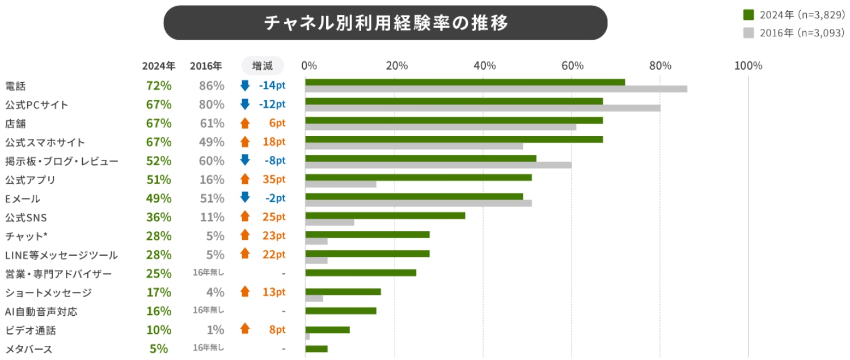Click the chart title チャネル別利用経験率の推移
385,23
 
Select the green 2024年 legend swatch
748,14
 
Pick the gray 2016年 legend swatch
748,33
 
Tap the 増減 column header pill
262,66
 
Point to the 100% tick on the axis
748,66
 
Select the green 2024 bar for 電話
464,82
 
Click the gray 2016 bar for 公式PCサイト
483,108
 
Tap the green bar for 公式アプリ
418,177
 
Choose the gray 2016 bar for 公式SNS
329,222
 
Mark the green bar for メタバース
316,348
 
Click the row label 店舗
15,124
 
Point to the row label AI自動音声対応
41,311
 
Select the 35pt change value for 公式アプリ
274,179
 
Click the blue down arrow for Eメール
245,198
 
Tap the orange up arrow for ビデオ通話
245,329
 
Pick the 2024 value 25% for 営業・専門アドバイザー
158,274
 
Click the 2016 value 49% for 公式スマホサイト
212,142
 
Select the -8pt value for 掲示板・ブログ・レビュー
274,160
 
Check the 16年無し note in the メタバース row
208,348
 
